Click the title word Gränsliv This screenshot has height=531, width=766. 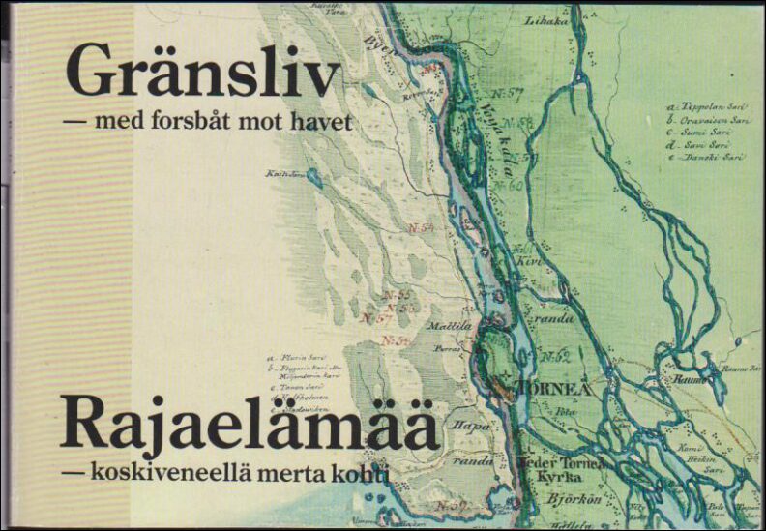coord(202,74)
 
